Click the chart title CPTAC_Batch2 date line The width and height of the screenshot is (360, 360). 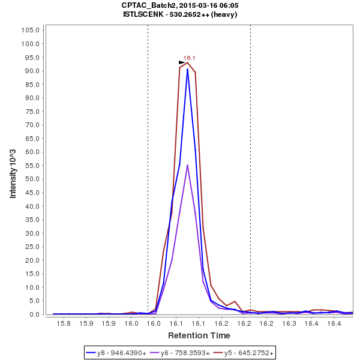(179, 5)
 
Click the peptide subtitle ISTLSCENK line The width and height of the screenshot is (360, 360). (179, 14)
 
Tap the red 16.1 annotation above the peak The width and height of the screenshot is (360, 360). (190, 58)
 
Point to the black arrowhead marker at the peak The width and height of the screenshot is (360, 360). (182, 62)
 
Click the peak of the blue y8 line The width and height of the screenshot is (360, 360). (188, 69)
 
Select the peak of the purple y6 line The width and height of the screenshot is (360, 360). (188, 165)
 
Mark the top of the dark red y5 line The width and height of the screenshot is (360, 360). (188, 62)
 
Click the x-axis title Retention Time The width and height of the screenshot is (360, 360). (199, 335)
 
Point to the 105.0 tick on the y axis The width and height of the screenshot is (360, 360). (31, 30)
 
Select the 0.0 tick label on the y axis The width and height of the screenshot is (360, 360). (35, 314)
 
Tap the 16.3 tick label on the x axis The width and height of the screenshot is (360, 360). (289, 323)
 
